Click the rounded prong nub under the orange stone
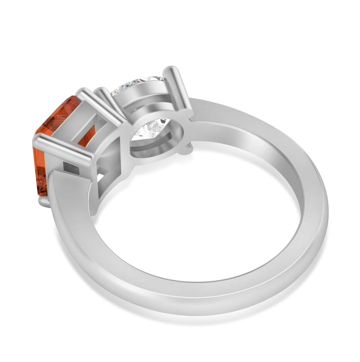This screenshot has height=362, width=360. (x=44, y=201)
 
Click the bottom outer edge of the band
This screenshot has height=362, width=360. (x=197, y=311)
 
